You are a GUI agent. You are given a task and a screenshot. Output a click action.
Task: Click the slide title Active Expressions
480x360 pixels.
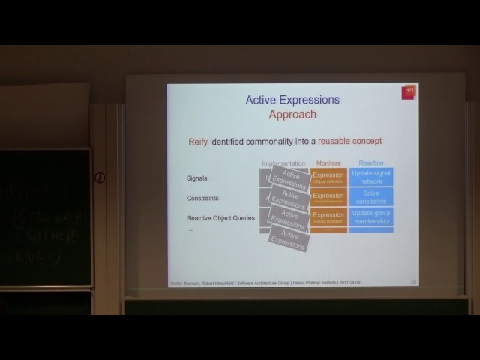click(x=292, y=100)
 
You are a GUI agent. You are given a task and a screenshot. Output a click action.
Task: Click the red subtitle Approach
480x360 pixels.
click(x=292, y=115)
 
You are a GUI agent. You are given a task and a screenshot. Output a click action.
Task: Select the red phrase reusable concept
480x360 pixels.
click(x=349, y=141)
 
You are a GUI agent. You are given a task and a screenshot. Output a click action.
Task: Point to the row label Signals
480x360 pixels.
click(x=197, y=178)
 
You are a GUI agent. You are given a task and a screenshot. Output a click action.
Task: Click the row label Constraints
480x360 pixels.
click(x=202, y=199)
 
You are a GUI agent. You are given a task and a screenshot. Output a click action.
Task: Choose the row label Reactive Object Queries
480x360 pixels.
click(x=220, y=218)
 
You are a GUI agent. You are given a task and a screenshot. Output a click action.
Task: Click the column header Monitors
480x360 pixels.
click(x=328, y=163)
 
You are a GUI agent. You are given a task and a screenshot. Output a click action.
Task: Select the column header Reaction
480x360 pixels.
click(x=370, y=163)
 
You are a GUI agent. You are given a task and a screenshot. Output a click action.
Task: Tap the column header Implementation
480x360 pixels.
click(x=283, y=163)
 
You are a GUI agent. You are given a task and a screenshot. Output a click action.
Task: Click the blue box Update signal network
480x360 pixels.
click(x=371, y=178)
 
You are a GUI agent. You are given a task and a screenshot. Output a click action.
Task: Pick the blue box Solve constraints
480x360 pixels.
click(x=371, y=198)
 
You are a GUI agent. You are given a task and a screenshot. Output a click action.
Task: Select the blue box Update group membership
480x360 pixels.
click(x=371, y=217)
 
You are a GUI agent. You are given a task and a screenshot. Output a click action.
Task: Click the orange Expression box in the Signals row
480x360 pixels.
click(x=328, y=178)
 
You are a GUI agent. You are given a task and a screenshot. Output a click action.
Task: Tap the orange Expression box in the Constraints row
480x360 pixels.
click(x=328, y=197)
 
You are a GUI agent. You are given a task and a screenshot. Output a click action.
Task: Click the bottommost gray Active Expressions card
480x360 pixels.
click(x=289, y=239)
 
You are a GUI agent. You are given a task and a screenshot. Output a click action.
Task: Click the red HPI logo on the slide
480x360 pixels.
click(x=409, y=91)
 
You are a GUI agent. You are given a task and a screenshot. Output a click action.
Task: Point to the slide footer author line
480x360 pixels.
click(x=255, y=283)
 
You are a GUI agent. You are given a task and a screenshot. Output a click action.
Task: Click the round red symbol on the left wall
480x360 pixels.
click(x=100, y=178)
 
